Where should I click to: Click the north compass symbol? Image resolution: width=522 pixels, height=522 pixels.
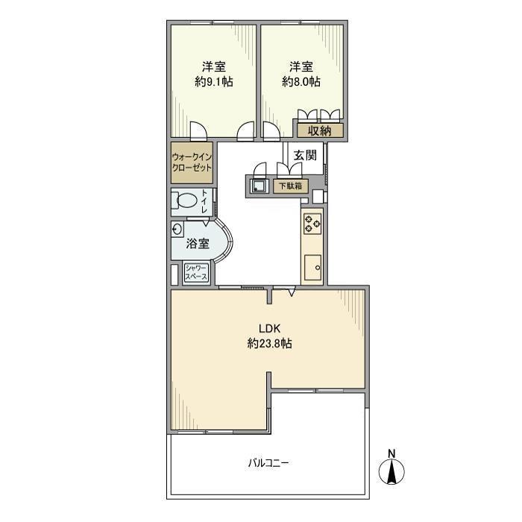(x=391, y=471)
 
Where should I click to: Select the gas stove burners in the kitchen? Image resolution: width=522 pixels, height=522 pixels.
(x=312, y=224)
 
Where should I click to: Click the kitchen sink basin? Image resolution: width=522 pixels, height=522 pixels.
(x=312, y=267)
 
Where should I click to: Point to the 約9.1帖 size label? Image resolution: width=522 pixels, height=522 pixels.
(x=214, y=82)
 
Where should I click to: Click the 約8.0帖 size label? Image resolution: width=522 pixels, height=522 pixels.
(x=301, y=82)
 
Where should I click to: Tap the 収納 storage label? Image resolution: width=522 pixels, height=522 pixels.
(x=319, y=131)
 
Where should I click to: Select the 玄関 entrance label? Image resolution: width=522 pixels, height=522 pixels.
(x=304, y=155)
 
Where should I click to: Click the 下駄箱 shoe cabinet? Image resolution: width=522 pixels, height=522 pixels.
(x=290, y=186)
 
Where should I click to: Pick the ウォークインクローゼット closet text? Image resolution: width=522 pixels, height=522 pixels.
(x=192, y=162)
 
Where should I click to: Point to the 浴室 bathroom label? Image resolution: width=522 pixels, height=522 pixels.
(x=198, y=244)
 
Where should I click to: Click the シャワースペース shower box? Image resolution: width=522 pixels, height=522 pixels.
(x=196, y=272)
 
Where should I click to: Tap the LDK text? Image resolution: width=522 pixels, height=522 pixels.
(x=270, y=329)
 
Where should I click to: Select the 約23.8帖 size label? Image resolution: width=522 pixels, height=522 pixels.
(x=270, y=343)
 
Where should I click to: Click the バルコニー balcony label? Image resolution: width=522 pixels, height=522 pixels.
(x=268, y=463)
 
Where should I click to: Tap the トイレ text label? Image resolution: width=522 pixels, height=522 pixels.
(x=204, y=201)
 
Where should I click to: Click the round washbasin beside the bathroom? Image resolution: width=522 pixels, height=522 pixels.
(x=177, y=230)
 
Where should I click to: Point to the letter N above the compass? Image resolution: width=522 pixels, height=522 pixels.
(x=391, y=453)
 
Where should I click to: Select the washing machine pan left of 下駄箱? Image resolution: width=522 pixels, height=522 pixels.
(x=259, y=186)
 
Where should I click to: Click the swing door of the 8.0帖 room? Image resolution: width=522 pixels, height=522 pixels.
(x=271, y=130)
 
